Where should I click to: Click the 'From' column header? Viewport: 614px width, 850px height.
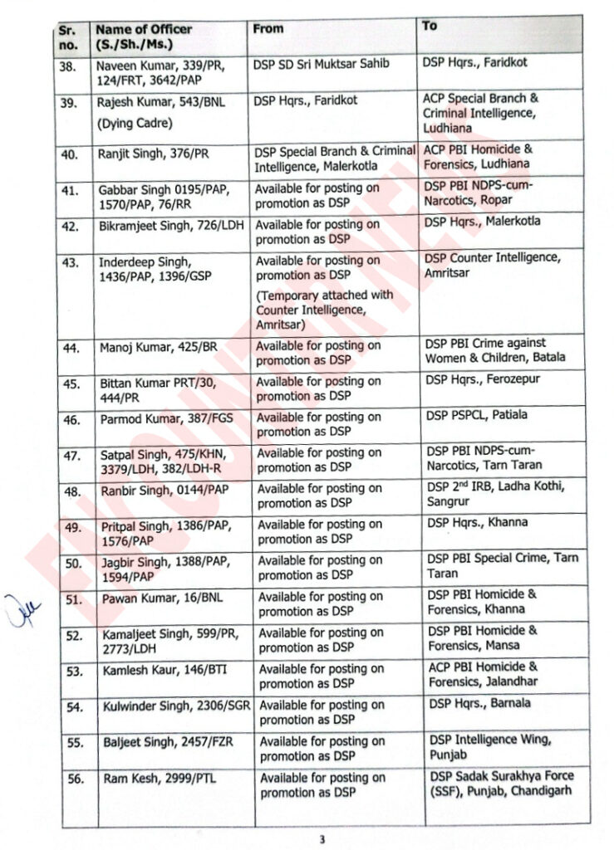(x=268, y=28)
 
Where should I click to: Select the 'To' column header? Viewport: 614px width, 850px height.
(x=430, y=26)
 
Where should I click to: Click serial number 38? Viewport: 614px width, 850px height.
(x=70, y=63)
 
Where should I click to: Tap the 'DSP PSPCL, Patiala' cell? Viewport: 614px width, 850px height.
(x=475, y=415)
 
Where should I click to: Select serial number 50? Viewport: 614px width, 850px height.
(x=72, y=564)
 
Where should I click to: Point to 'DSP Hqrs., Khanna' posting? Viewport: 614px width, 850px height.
(x=475, y=523)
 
